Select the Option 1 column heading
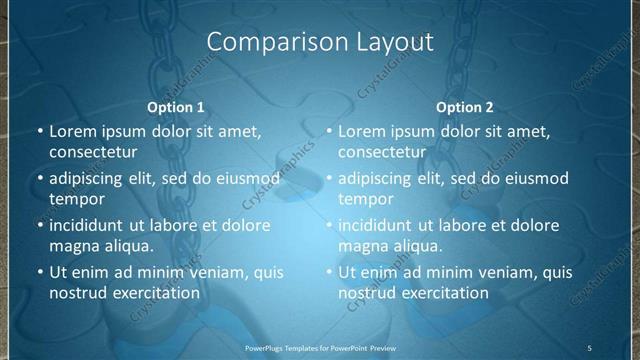pyautogui.click(x=176, y=107)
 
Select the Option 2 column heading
pyautogui.click(x=465, y=107)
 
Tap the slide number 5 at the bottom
pyautogui.click(x=589, y=348)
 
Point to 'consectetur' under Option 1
pyautogui.click(x=93, y=152)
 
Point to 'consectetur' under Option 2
pyautogui.click(x=382, y=152)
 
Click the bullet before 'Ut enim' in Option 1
pyautogui.click(x=39, y=272)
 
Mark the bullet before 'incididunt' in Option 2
pyautogui.click(x=328, y=225)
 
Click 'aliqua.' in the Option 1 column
pyautogui.click(x=127, y=245)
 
